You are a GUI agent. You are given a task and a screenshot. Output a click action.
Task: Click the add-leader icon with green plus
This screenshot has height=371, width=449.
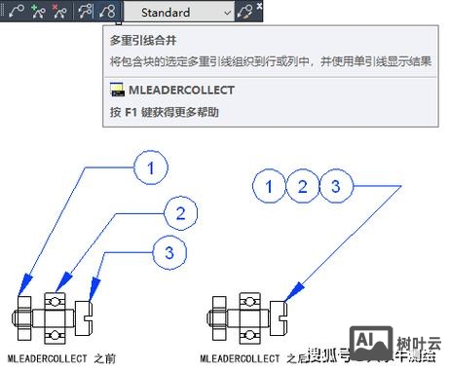38,12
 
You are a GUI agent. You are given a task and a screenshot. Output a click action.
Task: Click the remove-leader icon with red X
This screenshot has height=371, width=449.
60,12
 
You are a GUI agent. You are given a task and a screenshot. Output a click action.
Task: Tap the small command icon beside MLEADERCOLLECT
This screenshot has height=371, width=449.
117,90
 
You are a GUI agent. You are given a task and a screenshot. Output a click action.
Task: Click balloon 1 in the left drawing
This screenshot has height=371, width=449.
151,167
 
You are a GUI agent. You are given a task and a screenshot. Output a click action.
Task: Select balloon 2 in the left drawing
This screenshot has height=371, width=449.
179,211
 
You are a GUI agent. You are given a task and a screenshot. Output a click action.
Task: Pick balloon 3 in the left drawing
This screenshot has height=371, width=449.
170,252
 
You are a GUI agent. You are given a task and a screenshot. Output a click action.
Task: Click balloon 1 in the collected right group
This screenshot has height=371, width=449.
273,185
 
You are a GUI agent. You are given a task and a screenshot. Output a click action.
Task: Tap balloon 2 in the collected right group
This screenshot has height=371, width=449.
304,185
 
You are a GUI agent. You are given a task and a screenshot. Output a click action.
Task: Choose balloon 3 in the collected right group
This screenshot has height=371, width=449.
334,185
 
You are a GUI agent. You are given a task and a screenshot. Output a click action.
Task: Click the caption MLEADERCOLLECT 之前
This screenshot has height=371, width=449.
60,358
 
